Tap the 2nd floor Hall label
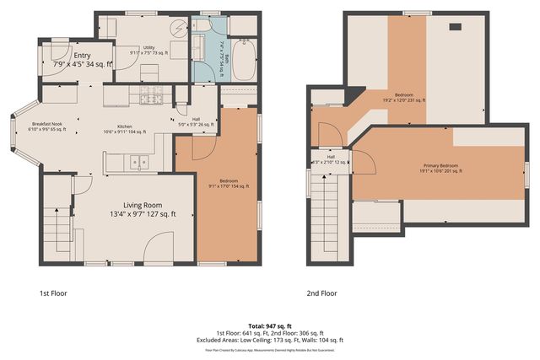331,159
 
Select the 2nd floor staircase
327,206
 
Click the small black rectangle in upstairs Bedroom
454,27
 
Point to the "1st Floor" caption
53,293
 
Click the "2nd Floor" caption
321,293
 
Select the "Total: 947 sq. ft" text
270,325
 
